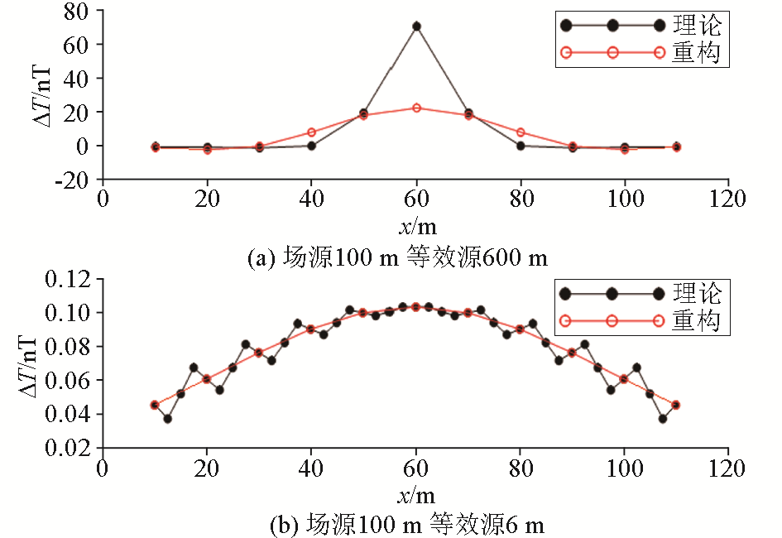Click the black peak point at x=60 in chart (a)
[x=416, y=26]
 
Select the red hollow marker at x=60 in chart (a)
[x=416, y=108]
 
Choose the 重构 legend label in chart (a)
[x=698, y=53]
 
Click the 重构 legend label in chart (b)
[x=698, y=320]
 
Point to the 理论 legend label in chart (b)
[x=698, y=292]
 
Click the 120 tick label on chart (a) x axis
[x=728, y=199]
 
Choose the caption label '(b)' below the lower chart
[x=287, y=524]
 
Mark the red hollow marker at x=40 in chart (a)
[x=312, y=132]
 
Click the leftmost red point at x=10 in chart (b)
[x=155, y=405]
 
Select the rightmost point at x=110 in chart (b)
[x=676, y=405]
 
